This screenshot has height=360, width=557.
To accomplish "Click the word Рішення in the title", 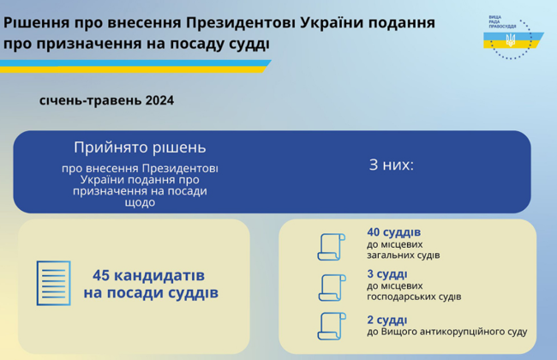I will [x=36, y=21].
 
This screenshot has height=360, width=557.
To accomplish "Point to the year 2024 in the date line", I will [x=159, y=100].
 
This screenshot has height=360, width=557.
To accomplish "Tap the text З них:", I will [x=391, y=164].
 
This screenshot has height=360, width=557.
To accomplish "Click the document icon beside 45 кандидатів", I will [x=53, y=283].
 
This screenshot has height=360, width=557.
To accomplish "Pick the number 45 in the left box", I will [x=101, y=276].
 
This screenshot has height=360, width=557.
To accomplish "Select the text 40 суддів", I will [x=393, y=232].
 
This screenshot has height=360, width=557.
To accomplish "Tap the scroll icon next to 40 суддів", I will [x=331, y=246].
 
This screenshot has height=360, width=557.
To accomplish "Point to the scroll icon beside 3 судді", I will [x=331, y=287].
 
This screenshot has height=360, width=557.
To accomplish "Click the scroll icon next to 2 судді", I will [x=331, y=326].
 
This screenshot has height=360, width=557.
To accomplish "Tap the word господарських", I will [x=412, y=297].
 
